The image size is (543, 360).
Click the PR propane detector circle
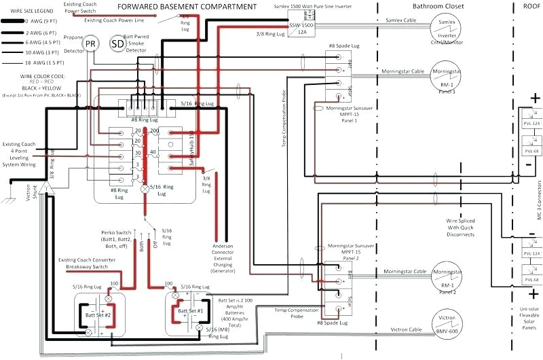[90, 43]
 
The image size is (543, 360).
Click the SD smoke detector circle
[117, 43]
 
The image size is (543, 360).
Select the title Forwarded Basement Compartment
[187, 7]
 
